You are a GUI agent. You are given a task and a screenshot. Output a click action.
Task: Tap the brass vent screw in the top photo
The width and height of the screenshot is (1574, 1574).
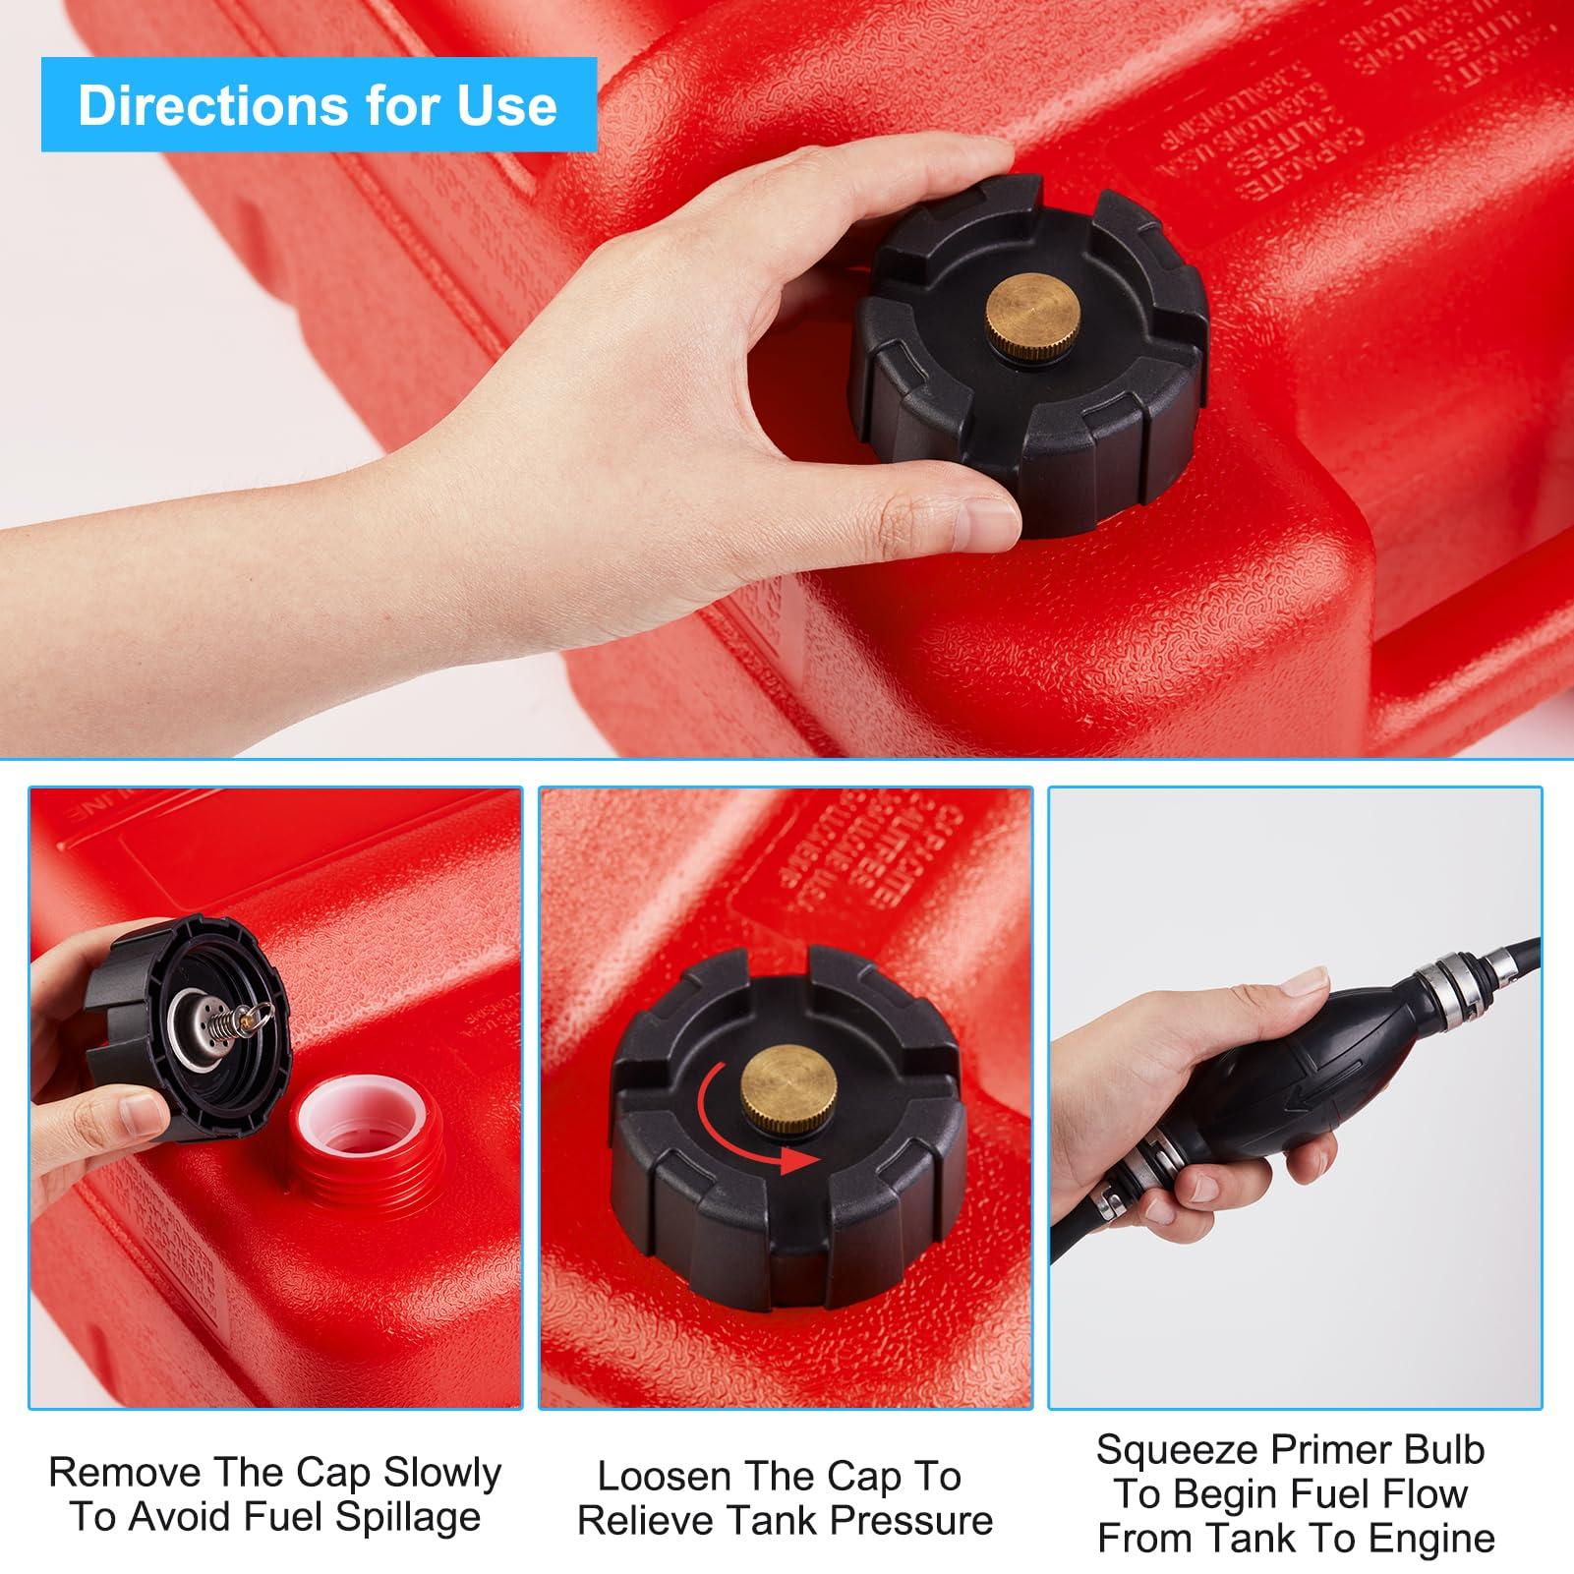click(x=1033, y=318)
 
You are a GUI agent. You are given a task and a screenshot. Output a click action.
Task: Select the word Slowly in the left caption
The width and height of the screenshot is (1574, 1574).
click(x=442, y=1472)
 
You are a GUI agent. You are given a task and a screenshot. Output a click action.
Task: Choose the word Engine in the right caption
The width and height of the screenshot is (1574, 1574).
click(x=1437, y=1538)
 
